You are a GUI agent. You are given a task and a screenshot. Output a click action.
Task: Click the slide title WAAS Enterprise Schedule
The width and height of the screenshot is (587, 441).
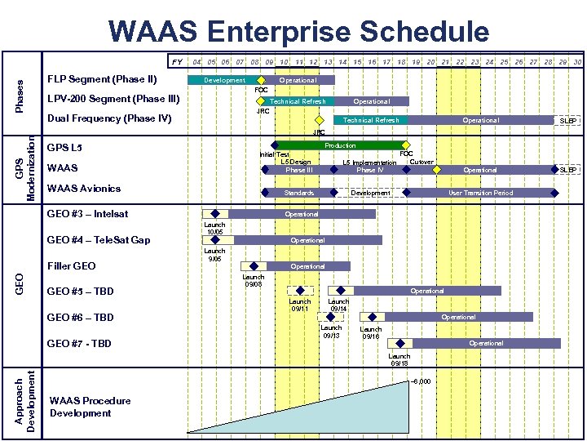click(x=298, y=32)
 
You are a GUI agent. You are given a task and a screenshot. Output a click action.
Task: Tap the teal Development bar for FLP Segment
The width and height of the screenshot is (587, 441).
click(x=224, y=80)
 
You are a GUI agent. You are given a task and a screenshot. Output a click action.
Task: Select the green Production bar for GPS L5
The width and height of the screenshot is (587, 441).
click(x=340, y=145)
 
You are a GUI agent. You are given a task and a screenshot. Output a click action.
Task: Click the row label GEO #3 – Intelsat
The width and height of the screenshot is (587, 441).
click(x=87, y=214)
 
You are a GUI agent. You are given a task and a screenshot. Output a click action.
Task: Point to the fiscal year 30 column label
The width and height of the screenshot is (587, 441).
click(x=576, y=61)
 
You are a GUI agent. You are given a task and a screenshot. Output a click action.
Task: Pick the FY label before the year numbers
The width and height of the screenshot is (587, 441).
click(x=176, y=61)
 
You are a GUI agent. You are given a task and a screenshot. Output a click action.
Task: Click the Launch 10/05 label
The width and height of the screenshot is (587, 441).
click(x=214, y=228)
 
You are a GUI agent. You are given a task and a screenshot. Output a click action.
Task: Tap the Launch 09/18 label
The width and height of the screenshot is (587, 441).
click(x=399, y=359)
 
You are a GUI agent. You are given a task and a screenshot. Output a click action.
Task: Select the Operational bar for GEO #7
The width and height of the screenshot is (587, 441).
click(x=486, y=343)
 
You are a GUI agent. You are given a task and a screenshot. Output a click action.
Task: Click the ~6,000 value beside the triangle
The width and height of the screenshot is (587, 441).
click(x=421, y=381)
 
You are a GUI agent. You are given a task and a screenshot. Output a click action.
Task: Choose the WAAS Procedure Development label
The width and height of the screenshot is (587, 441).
click(x=90, y=407)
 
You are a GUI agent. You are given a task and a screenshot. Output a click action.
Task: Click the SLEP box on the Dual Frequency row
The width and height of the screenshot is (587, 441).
click(x=567, y=120)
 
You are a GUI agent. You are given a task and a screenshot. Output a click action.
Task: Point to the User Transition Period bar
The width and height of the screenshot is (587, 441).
click(x=481, y=193)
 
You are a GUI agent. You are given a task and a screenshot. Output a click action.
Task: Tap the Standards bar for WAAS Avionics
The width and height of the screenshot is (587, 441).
click(x=299, y=193)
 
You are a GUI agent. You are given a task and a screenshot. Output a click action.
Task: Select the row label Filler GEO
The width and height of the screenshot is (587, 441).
click(x=72, y=265)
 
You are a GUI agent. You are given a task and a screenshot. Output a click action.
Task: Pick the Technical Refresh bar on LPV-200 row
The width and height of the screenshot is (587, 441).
click(x=298, y=101)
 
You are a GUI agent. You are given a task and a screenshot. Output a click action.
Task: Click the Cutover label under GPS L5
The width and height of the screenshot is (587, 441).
click(x=421, y=162)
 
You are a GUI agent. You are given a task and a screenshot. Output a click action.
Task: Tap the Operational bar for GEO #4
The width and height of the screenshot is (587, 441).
click(x=307, y=240)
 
